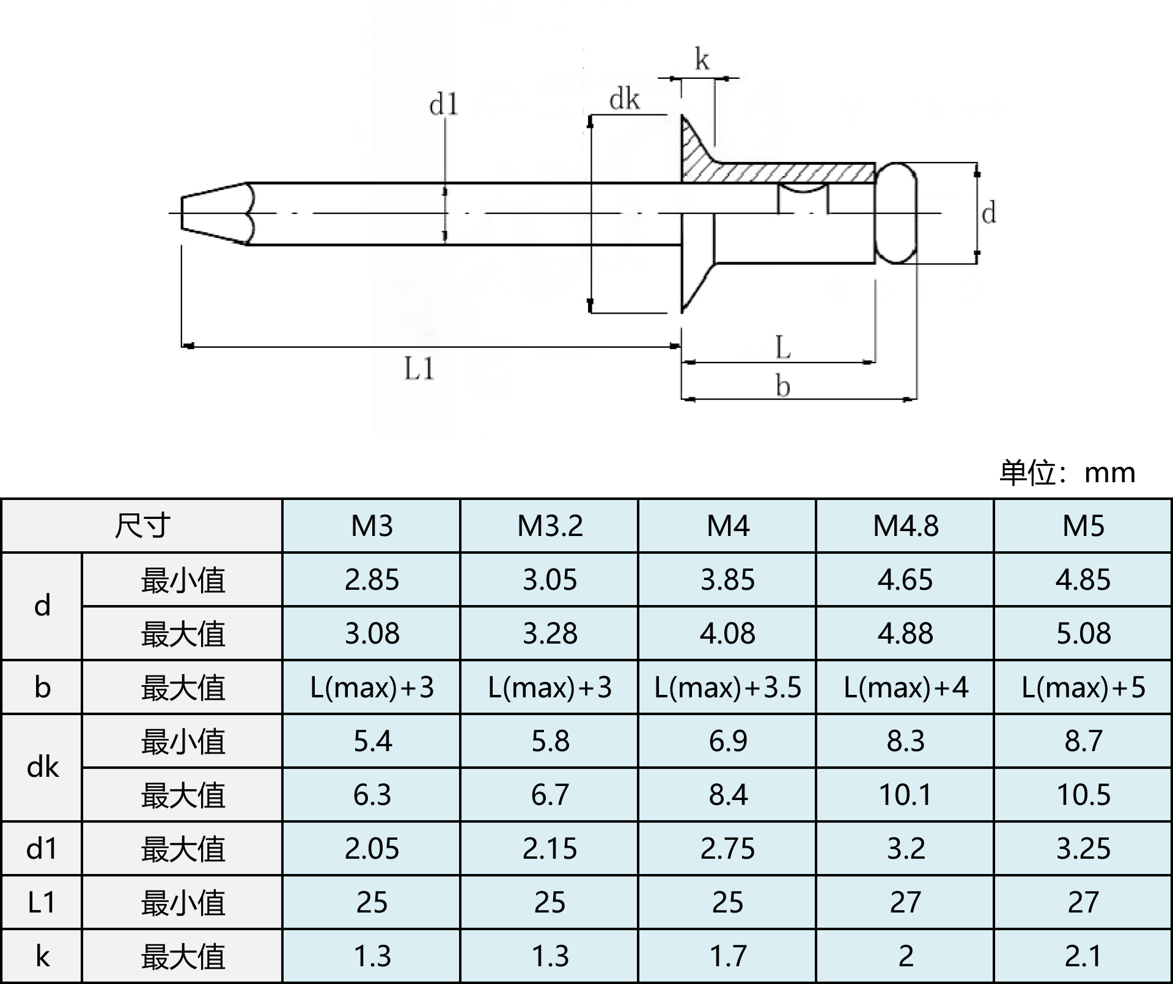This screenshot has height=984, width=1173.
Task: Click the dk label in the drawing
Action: (x=624, y=100)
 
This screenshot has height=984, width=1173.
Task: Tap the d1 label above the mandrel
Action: (x=444, y=105)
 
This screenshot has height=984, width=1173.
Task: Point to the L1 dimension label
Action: (x=419, y=369)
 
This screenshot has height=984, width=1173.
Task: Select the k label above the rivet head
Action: (x=702, y=60)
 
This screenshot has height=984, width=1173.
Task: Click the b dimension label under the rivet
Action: (x=783, y=386)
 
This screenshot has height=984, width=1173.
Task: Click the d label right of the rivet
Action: (x=988, y=213)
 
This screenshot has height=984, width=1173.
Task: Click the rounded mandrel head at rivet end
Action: (x=896, y=213)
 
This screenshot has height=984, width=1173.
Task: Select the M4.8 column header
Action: (x=905, y=526)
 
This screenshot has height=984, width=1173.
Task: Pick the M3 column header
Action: (x=372, y=526)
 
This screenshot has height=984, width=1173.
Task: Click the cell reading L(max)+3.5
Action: (x=727, y=688)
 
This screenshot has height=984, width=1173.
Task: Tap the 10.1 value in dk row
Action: (x=905, y=795)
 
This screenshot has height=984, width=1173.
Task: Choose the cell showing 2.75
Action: (x=727, y=848)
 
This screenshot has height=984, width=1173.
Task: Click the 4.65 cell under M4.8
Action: (x=905, y=579)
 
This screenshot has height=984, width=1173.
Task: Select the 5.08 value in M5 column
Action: (x=1083, y=633)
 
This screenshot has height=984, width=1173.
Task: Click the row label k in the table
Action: (x=42, y=956)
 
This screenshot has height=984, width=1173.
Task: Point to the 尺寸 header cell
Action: (x=142, y=526)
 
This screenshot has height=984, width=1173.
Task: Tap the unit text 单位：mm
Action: (x=1067, y=472)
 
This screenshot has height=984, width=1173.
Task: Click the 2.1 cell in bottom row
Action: (x=1083, y=956)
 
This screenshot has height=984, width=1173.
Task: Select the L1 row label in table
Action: (x=42, y=902)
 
